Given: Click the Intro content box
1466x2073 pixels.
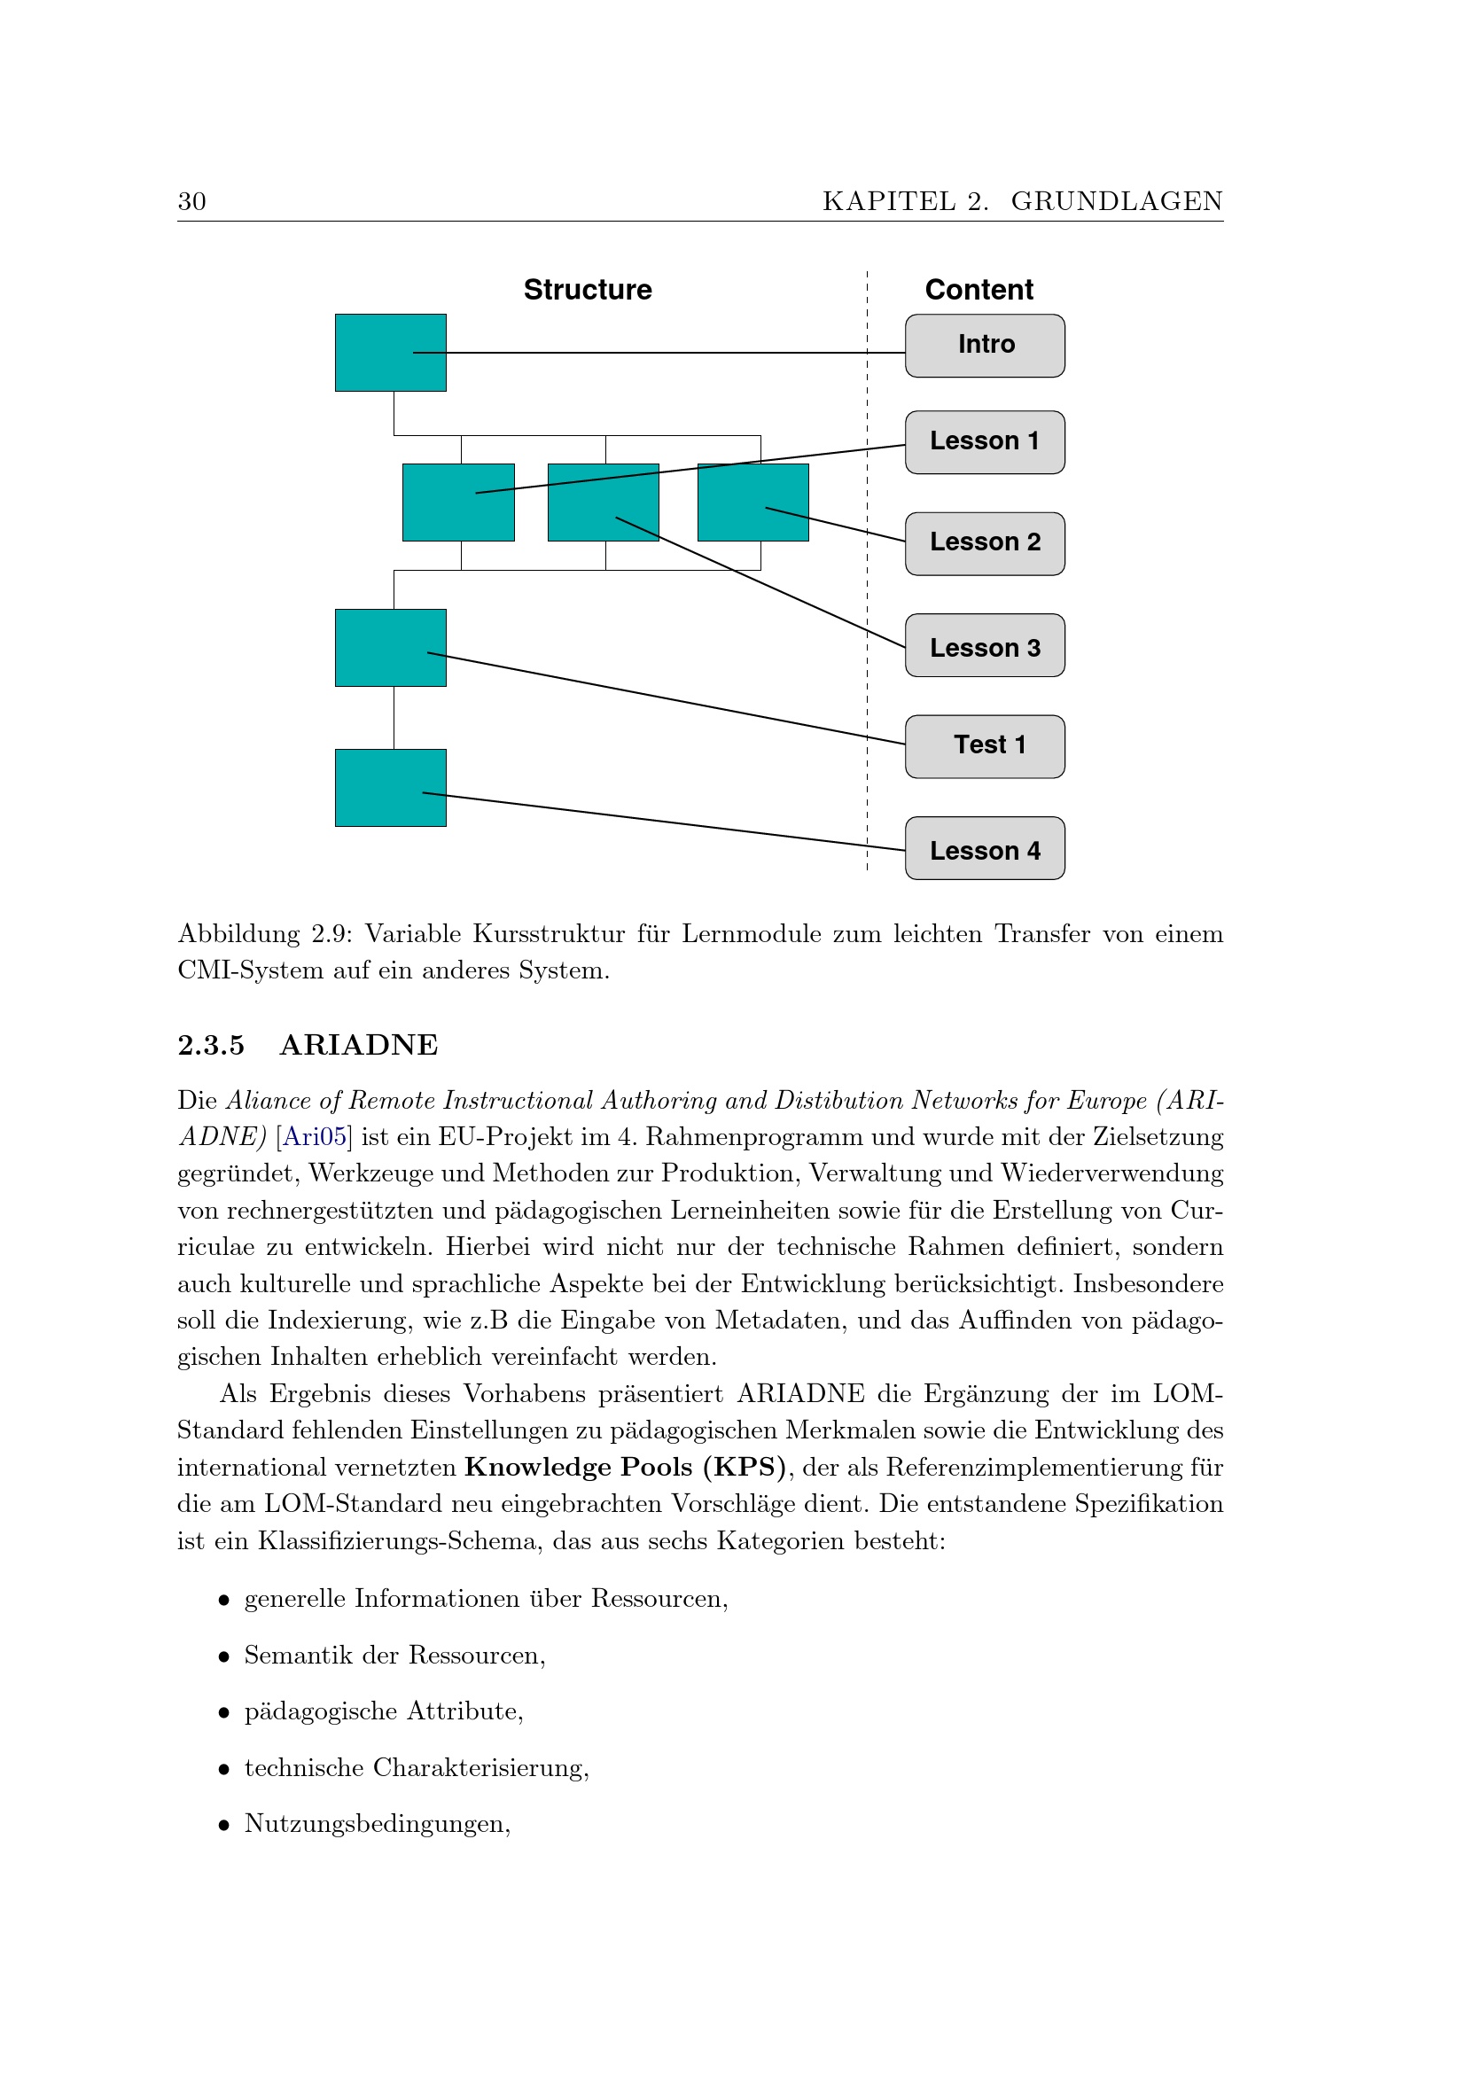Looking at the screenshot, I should [x=985, y=346].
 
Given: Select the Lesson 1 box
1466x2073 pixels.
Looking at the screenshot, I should [x=985, y=442].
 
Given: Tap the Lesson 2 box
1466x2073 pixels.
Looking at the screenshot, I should [x=985, y=543].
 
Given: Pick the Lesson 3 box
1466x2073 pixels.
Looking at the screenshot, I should [x=985, y=645].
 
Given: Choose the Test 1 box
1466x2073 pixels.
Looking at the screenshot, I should [x=985, y=746].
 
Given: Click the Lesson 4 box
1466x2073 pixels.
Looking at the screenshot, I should [x=985, y=849].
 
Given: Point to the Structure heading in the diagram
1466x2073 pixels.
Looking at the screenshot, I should [x=588, y=290].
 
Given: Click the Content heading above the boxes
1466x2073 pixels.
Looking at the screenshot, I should [x=979, y=290].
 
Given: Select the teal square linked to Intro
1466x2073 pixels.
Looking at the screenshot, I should [x=390, y=353].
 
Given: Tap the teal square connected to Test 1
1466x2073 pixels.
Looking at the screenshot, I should [x=390, y=647].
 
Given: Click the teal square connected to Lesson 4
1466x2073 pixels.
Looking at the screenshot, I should [x=390, y=787].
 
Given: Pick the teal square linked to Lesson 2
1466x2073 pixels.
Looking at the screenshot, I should [x=752, y=503].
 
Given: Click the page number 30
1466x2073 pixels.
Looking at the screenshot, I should [x=192, y=201].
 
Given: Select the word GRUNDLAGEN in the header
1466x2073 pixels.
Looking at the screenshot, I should [x=1117, y=201].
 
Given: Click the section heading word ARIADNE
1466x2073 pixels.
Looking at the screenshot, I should [x=358, y=1045].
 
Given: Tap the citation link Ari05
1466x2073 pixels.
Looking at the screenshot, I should [x=314, y=1137].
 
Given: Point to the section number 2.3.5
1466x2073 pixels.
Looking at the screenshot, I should [x=210, y=1045].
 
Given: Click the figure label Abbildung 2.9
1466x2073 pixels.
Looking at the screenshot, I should [x=261, y=933].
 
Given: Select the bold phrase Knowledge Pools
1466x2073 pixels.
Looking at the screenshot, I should [x=580, y=1467].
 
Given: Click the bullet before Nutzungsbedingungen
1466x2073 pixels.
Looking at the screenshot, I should [x=224, y=1826].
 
